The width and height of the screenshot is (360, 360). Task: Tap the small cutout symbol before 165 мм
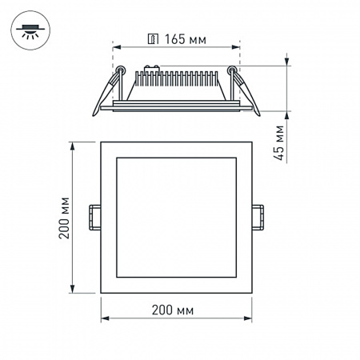(x=152, y=38)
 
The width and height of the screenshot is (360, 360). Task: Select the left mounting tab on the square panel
(x=95, y=217)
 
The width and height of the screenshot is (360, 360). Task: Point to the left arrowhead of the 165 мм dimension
(x=114, y=47)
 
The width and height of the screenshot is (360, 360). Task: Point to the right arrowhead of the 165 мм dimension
(x=237, y=47)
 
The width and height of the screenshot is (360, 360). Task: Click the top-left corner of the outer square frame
(x=101, y=142)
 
